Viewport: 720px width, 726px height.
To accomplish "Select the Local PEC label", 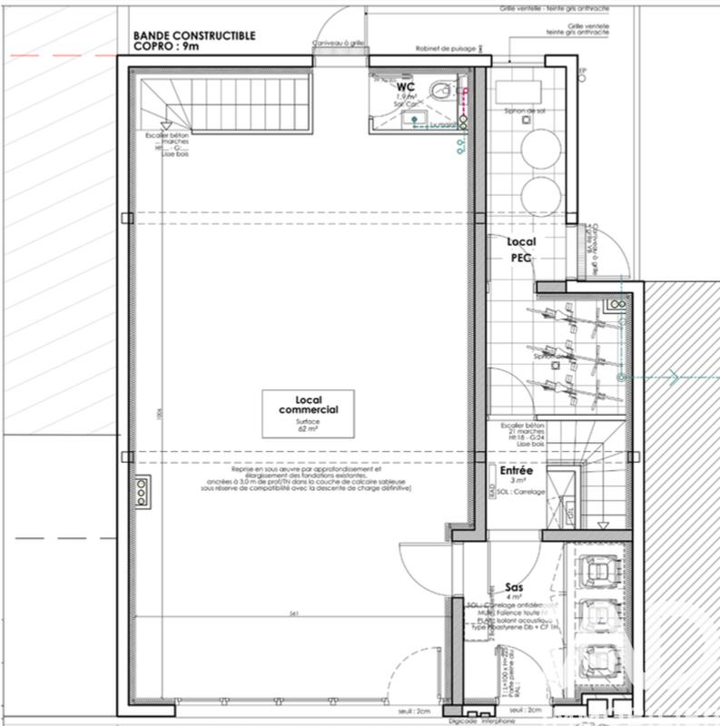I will point(521,249).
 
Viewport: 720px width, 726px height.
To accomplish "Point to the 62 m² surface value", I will point(304,428).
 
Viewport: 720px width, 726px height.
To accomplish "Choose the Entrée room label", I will point(517,472).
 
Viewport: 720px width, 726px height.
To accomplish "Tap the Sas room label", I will point(513,588).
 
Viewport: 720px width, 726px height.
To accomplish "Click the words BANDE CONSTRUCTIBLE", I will point(194,36).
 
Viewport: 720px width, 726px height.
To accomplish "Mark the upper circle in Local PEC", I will point(538,144).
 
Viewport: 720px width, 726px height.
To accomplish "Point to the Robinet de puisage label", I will point(441,51).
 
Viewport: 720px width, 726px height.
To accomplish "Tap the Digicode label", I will point(466,718).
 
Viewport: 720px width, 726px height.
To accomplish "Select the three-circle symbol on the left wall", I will point(143,490).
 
